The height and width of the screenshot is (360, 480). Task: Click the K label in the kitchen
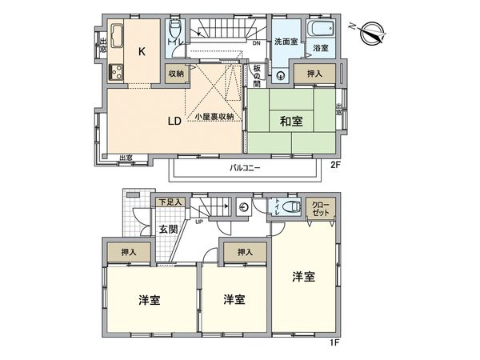142,53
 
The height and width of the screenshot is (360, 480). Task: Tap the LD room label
173,122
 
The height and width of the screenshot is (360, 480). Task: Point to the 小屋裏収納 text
214,118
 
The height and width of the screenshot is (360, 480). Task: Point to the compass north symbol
370,34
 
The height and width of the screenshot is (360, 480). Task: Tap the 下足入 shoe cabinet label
170,202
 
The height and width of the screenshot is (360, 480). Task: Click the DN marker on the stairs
255,43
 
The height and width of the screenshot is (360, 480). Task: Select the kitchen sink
114,38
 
